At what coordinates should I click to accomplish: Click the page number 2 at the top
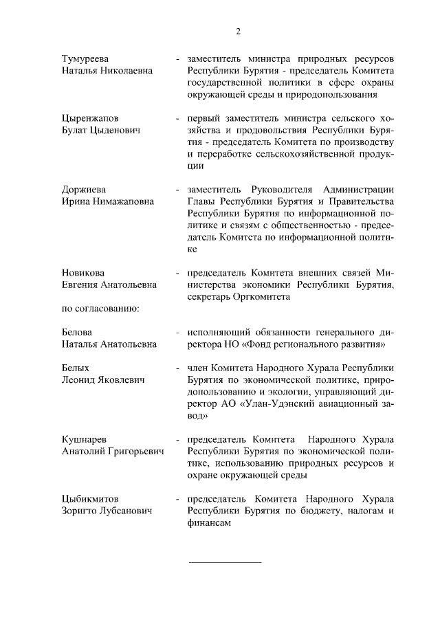point(238,31)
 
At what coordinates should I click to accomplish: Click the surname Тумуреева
point(85,58)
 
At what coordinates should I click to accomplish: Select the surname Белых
point(76,368)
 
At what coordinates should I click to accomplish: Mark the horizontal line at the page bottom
point(225,562)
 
